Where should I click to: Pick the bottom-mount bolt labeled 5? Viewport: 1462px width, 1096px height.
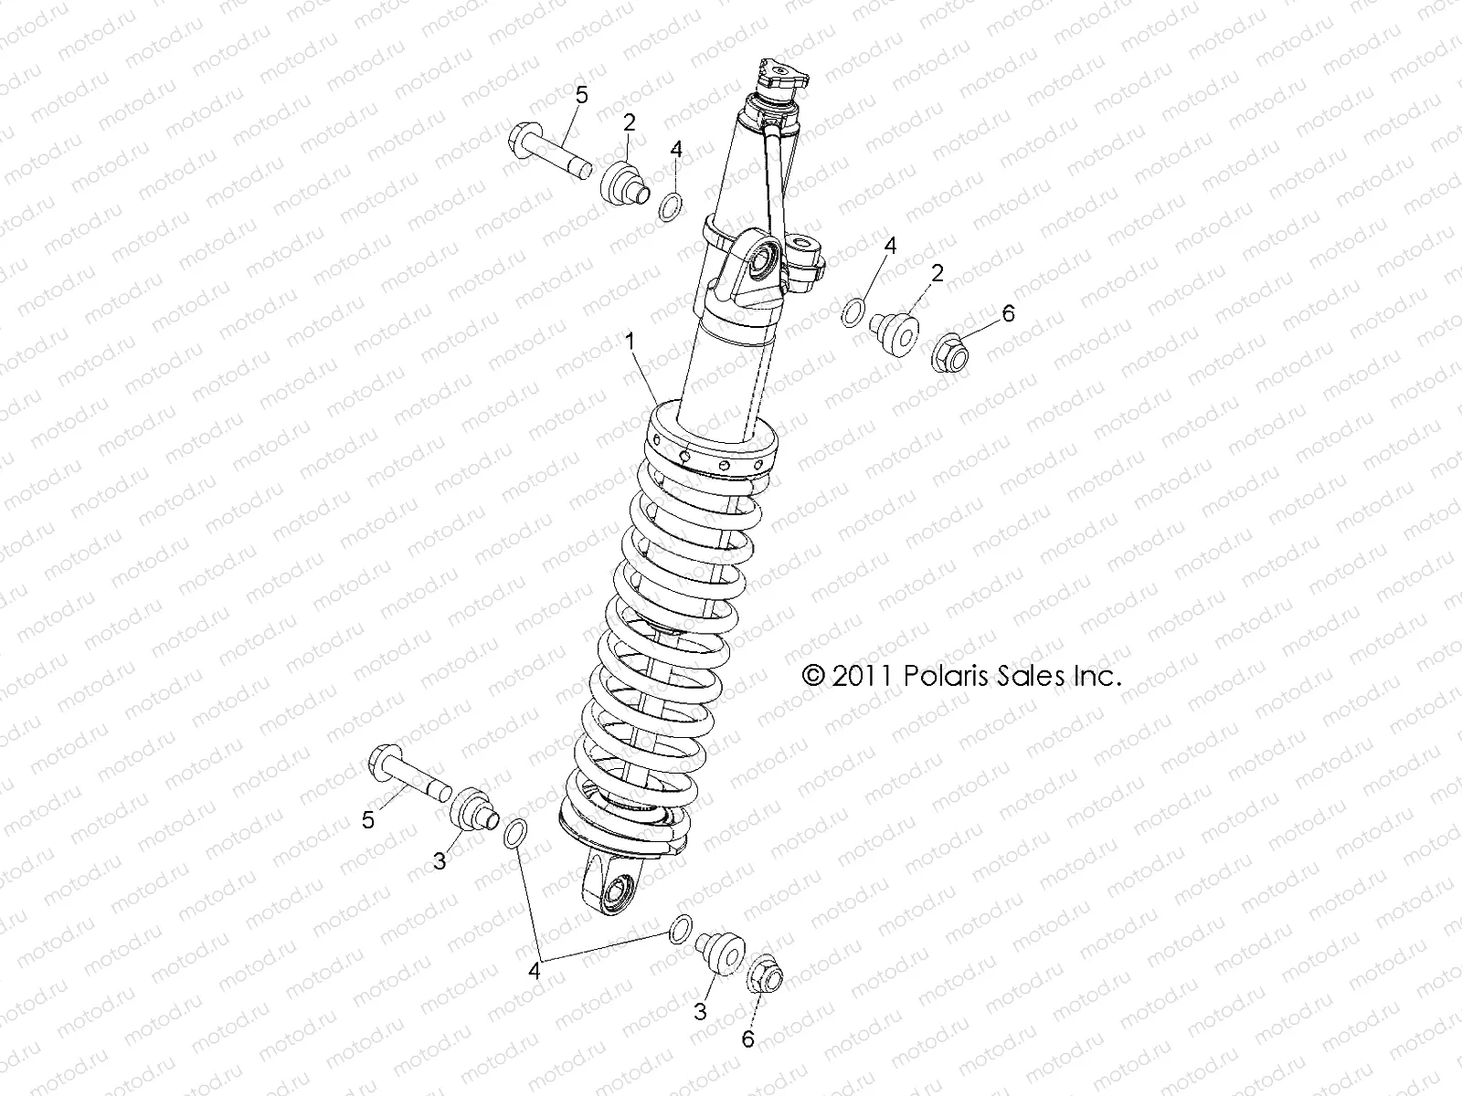tap(408, 773)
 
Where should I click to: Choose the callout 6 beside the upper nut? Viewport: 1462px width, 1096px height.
tap(1008, 313)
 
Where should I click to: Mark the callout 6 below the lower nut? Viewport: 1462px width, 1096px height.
tap(748, 1038)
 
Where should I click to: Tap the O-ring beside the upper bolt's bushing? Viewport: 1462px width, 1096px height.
tap(673, 207)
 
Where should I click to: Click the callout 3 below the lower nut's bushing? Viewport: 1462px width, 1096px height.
tap(702, 1011)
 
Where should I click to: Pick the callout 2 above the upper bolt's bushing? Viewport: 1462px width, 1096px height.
tap(630, 121)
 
